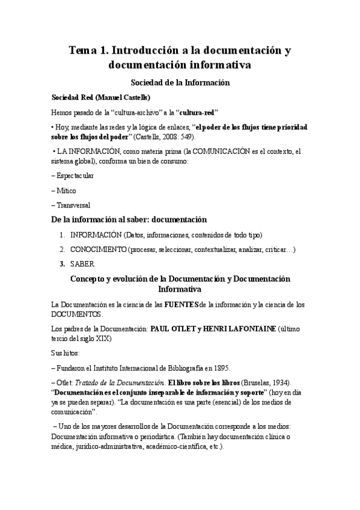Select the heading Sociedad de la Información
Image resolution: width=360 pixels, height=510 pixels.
[x=181, y=82]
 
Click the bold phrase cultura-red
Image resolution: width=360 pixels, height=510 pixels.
[x=194, y=112]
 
